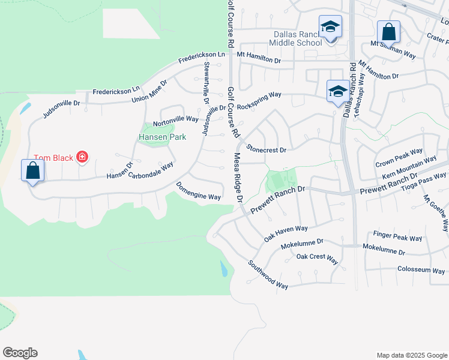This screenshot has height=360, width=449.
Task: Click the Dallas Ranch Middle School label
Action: [295, 38]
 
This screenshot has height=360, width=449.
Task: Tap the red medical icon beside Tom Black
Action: [82, 158]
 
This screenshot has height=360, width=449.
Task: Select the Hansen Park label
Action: [162, 137]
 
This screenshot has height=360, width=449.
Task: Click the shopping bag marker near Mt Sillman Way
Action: [388, 31]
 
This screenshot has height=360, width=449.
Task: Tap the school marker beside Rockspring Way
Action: [337, 91]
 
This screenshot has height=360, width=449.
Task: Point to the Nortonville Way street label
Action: [175, 119]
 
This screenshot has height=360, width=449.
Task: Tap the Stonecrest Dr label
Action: [267, 148]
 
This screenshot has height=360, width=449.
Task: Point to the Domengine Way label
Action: [199, 192]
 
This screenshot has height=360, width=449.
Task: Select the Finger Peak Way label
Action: [397, 238]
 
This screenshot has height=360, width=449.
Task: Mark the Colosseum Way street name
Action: [421, 269]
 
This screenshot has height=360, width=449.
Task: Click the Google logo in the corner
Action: [20, 353]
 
